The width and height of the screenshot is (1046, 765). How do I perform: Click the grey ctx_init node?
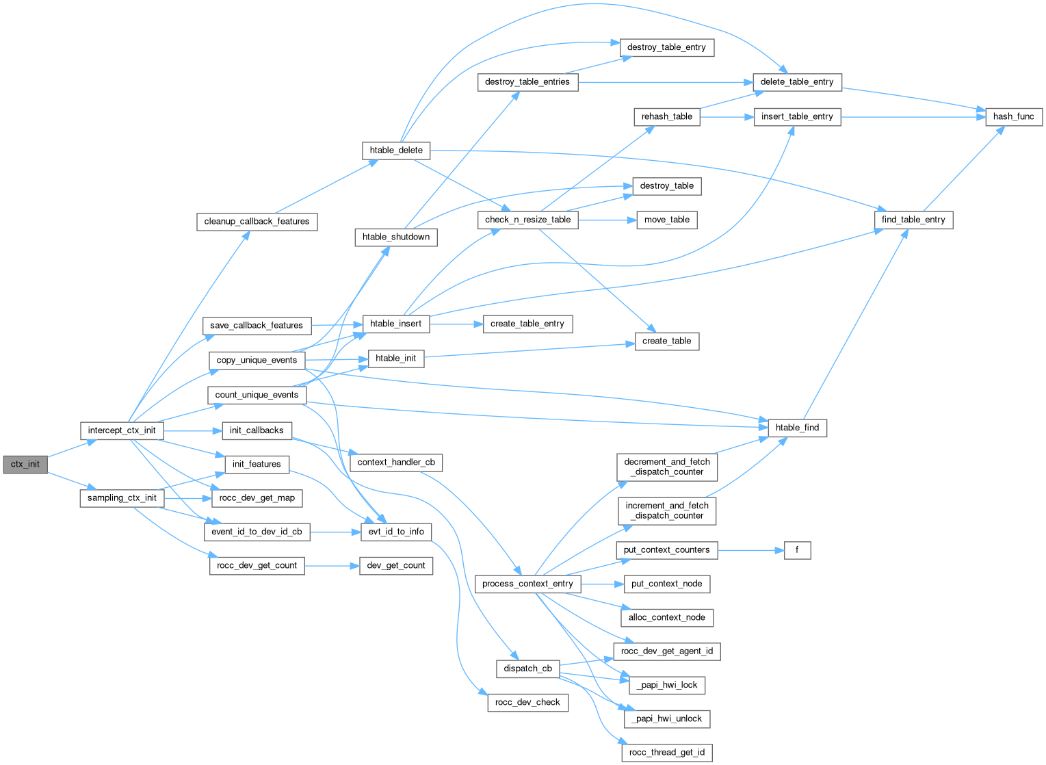pyautogui.click(x=25, y=464)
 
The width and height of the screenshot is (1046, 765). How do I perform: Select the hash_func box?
pyautogui.click(x=1013, y=116)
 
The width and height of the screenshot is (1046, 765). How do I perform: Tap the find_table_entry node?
pyautogui.click(x=913, y=220)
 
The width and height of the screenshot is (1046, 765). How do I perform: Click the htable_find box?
pyautogui.click(x=797, y=428)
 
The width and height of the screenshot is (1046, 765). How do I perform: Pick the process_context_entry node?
pyautogui.click(x=527, y=584)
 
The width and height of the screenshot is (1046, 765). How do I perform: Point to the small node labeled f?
pyautogui.click(x=796, y=549)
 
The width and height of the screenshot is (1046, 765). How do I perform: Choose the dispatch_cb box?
pyautogui.click(x=527, y=669)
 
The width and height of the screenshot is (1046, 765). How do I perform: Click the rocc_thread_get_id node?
pyautogui.click(x=666, y=753)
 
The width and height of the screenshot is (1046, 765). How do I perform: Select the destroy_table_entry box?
pyautogui.click(x=666, y=47)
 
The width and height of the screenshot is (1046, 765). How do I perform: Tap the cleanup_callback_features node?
pyautogui.click(x=257, y=221)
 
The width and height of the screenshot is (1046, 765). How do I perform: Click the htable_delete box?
pyautogui.click(x=396, y=150)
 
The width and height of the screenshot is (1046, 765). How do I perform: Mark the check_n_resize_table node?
pyautogui.click(x=527, y=220)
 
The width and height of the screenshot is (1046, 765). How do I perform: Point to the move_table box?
pyautogui.click(x=666, y=220)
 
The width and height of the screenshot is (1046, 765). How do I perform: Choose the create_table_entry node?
pyautogui.click(x=527, y=324)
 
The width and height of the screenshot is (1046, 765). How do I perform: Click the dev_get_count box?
pyautogui.click(x=396, y=565)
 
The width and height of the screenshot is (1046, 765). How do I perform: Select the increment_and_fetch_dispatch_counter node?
pyautogui.click(x=667, y=510)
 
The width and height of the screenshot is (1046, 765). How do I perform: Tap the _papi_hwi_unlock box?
pyautogui.click(x=666, y=718)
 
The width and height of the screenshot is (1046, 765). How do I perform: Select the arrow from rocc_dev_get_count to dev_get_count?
pyautogui.click(x=332, y=566)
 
